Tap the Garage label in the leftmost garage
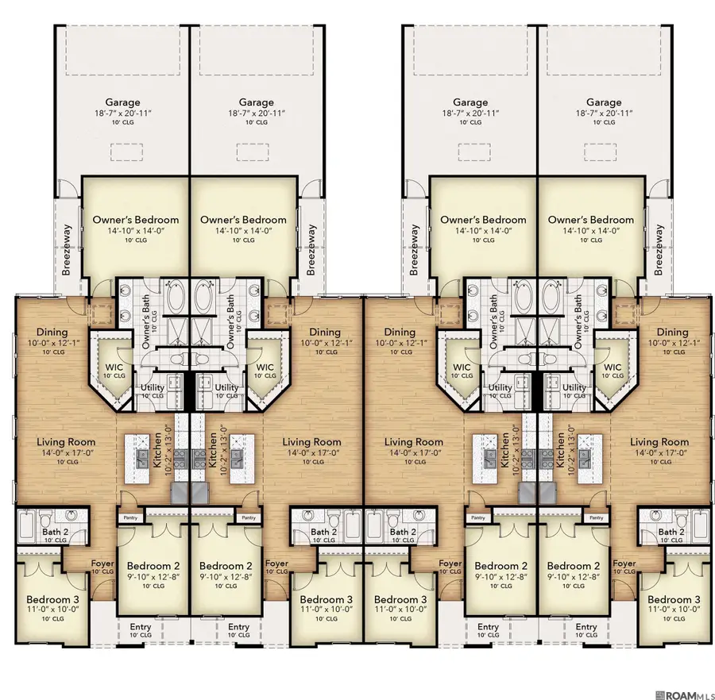tap(122, 102)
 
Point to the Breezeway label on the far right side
tap(659, 249)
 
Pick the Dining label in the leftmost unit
tap(52, 333)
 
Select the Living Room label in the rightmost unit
tap(659, 442)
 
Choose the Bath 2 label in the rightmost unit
tap(671, 532)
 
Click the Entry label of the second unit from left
tap(238, 627)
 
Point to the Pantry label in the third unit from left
tap(478, 517)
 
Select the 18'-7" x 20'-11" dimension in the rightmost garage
tap(604, 113)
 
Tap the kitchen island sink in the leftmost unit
tap(141, 456)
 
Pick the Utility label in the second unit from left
tap(226, 388)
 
